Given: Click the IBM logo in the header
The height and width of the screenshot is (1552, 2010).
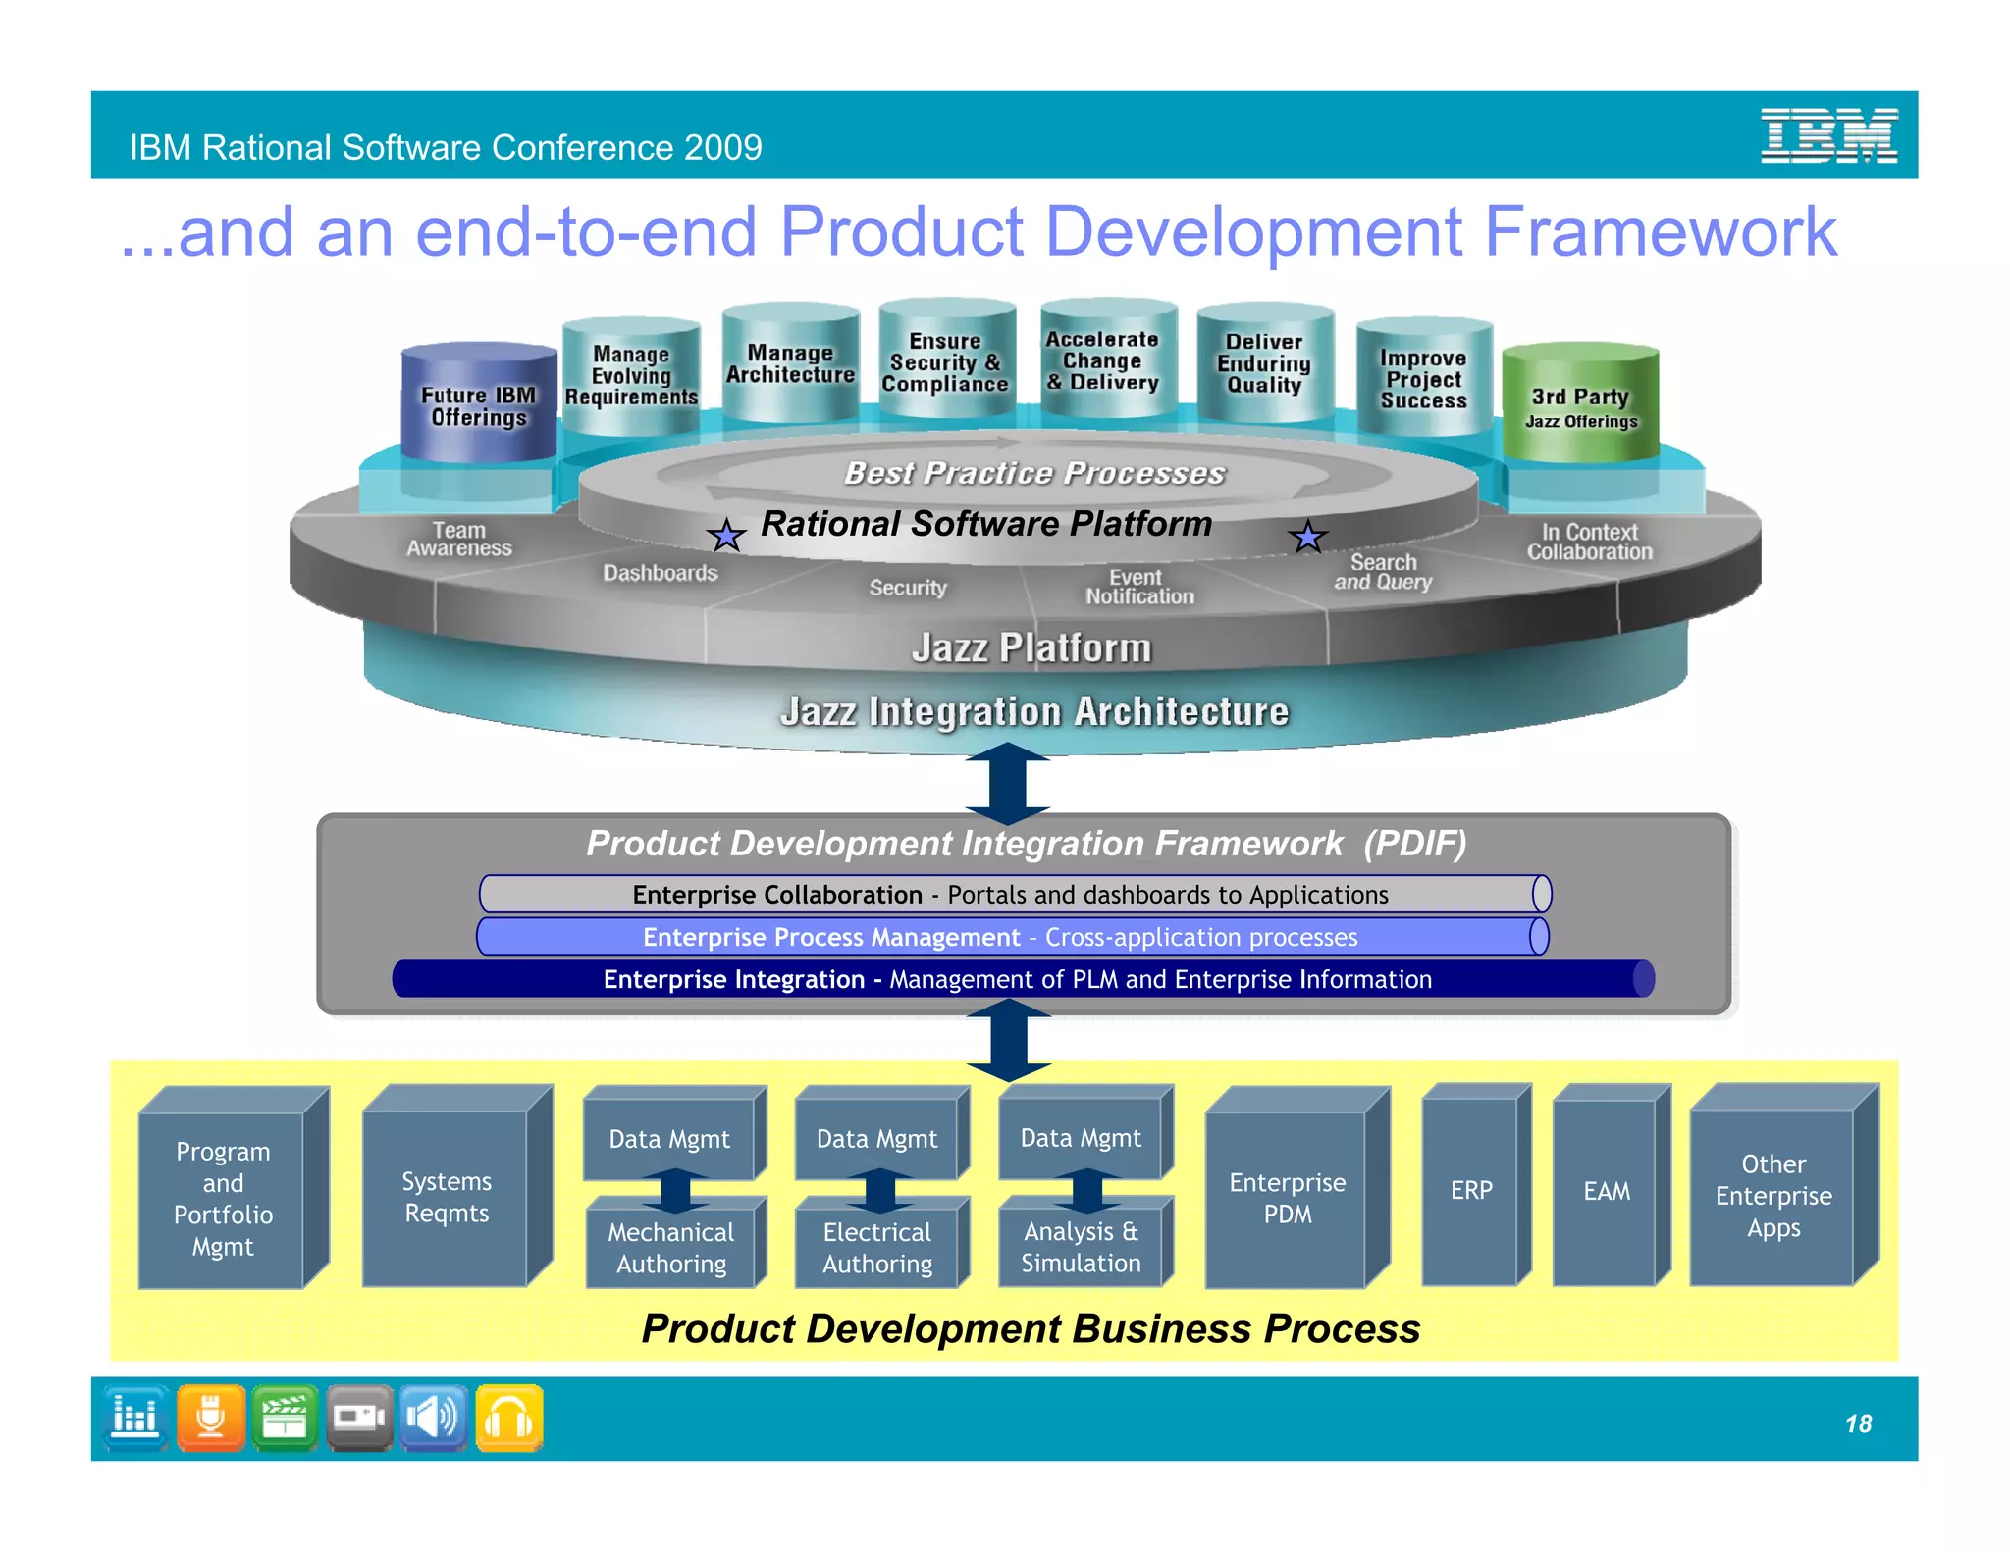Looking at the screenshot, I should point(1828,135).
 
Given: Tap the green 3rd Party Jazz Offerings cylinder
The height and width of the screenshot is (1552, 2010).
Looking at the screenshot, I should point(1580,405).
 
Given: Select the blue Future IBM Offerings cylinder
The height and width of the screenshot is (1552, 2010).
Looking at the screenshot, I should point(479,405).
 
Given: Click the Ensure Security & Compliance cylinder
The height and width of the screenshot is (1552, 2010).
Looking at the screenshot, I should point(945,363).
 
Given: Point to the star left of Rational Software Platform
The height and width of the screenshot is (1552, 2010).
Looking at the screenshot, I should point(726,536).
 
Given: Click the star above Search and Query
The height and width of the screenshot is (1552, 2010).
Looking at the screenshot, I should point(1307,536).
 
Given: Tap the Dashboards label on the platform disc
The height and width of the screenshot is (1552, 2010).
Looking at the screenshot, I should point(660,573).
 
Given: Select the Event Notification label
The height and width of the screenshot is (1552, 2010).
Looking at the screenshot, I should point(1138,587).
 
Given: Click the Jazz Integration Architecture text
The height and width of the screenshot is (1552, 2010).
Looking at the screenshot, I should point(1033,711).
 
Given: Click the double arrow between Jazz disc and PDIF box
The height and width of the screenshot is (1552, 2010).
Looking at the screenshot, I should point(1008,784).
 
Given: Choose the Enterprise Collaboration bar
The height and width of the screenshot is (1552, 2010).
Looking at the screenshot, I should point(1011,895).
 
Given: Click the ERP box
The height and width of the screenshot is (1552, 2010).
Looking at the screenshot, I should point(1471,1190).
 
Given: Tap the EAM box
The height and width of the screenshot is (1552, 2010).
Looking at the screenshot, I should point(1607,1191).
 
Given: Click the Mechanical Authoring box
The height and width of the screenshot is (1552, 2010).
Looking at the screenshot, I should point(671,1247).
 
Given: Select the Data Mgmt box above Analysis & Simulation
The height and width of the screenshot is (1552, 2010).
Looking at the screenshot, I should point(1081,1138).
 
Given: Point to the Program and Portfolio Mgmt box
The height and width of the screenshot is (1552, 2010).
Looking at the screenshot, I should point(224,1198).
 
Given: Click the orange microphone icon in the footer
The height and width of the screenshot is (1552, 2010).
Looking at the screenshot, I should point(211,1418).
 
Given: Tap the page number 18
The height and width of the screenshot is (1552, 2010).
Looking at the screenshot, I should point(1858,1423).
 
